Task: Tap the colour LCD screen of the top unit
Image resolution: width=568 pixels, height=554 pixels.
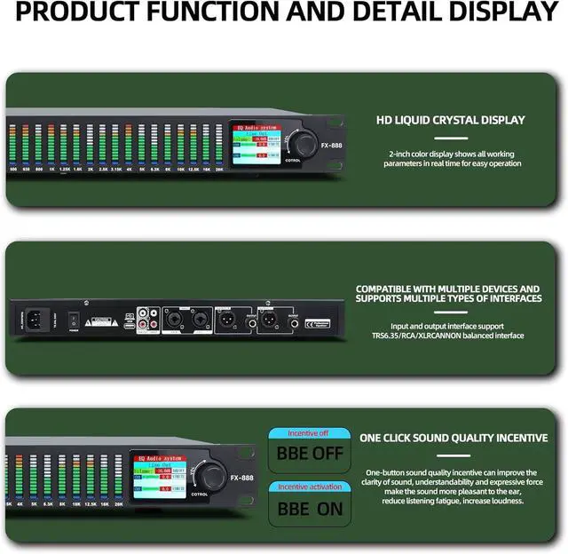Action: tap(256, 146)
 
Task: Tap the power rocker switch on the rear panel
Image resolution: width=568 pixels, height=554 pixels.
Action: tap(75, 318)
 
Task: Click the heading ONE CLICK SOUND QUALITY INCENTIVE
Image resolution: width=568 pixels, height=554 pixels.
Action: tap(454, 438)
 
